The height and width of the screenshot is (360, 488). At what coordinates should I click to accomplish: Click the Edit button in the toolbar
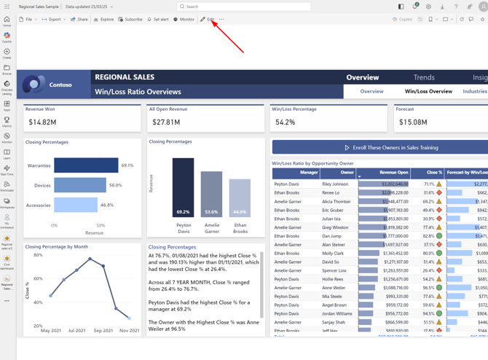[x=208, y=20]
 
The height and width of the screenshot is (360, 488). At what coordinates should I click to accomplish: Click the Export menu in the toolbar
[x=52, y=20]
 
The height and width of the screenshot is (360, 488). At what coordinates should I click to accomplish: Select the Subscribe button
[x=131, y=20]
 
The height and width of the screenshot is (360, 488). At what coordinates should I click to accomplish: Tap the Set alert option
[x=158, y=20]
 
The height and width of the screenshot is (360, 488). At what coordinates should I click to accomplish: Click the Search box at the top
[x=244, y=7]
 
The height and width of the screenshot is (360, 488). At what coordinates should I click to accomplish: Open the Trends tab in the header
[x=424, y=77]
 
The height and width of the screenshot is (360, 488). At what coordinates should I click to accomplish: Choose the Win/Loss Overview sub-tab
[x=428, y=92]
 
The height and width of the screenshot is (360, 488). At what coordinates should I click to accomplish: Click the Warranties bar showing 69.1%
[x=86, y=165]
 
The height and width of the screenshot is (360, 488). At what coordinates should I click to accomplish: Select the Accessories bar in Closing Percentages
[x=76, y=206]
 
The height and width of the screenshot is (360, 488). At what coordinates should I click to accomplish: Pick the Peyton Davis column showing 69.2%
[x=183, y=188]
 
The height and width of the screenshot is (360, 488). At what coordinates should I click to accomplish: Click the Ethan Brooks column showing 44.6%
[x=240, y=198]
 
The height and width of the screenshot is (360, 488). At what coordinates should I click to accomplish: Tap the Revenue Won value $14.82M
[x=42, y=122]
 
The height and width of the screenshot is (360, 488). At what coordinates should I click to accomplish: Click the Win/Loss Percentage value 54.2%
[x=286, y=122]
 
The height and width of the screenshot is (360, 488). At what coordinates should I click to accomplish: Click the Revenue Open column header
[x=393, y=173]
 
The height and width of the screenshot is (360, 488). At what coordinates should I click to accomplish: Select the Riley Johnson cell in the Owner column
[x=335, y=184]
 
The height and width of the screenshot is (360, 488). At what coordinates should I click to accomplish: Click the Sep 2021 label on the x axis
[x=103, y=331]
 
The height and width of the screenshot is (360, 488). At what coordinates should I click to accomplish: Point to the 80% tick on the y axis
[x=37, y=255]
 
